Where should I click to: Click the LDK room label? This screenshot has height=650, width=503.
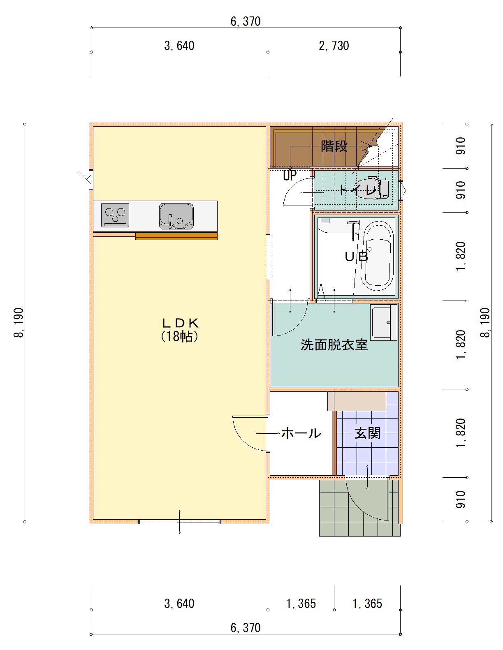[180, 323]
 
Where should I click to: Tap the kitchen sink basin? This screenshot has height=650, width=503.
[176, 216]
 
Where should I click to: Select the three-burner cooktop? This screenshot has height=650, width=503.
[115, 215]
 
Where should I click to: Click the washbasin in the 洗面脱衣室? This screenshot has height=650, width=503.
[383, 322]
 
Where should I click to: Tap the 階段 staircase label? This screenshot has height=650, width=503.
[334, 146]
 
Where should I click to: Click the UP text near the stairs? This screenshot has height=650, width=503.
[290, 176]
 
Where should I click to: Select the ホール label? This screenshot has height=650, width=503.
[301, 433]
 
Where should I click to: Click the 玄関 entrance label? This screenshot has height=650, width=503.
[367, 433]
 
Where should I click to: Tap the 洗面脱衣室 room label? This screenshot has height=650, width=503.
[334, 345]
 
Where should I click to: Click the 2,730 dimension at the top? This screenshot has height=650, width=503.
[334, 46]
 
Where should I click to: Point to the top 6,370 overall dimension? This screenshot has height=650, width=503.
[246, 21]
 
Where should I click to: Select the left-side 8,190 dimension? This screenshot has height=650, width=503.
[19, 322]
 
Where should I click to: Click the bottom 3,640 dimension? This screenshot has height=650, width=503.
[179, 603]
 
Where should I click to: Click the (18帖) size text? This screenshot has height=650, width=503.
[180, 337]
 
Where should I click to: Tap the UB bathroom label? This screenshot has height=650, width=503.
[356, 257]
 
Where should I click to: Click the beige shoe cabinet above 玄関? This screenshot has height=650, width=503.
[357, 401]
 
